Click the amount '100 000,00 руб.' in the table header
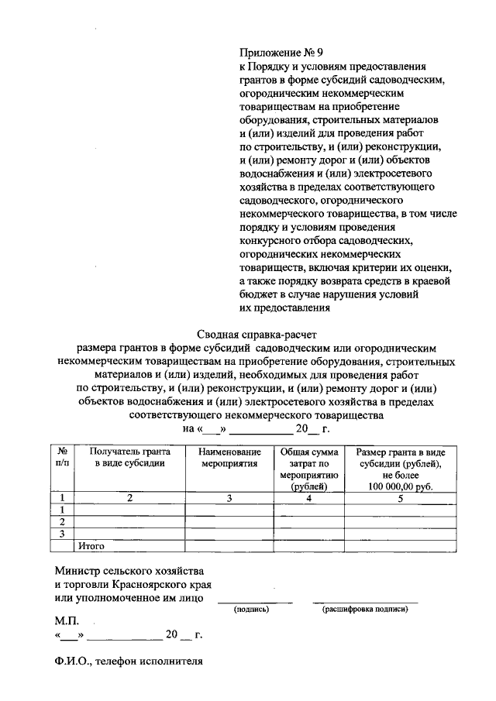point(401,486)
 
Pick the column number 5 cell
point(401,498)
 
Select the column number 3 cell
point(229,498)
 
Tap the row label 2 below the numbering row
point(61,522)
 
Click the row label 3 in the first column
point(61,534)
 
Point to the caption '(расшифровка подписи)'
point(366,610)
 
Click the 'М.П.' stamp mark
point(67,621)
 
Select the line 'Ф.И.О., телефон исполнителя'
point(129,662)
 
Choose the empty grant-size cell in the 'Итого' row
point(401,546)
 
